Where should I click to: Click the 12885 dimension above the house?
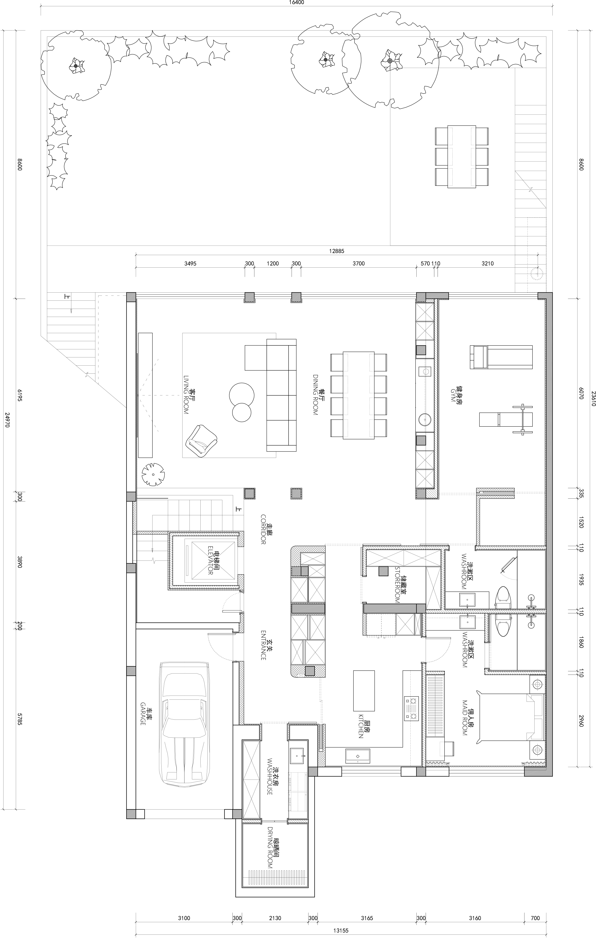(337, 251)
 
